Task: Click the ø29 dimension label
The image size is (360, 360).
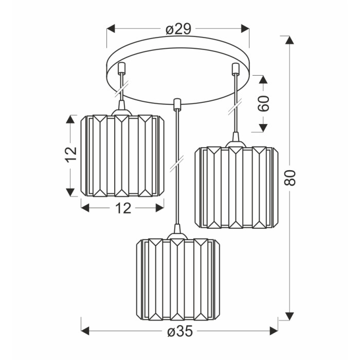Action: (x=178, y=29)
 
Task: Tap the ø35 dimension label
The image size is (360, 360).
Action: (x=180, y=331)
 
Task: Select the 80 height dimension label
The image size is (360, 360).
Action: (x=290, y=177)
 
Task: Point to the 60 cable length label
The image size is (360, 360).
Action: (x=263, y=103)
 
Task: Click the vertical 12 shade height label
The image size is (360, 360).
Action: (x=71, y=154)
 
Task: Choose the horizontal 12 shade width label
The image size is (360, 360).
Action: (x=123, y=208)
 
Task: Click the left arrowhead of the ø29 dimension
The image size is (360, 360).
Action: (x=111, y=29)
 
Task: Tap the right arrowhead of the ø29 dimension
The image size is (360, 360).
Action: (x=245, y=29)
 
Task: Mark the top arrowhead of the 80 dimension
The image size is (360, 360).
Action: (x=290, y=40)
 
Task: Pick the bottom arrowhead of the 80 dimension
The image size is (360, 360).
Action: (x=290, y=316)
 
